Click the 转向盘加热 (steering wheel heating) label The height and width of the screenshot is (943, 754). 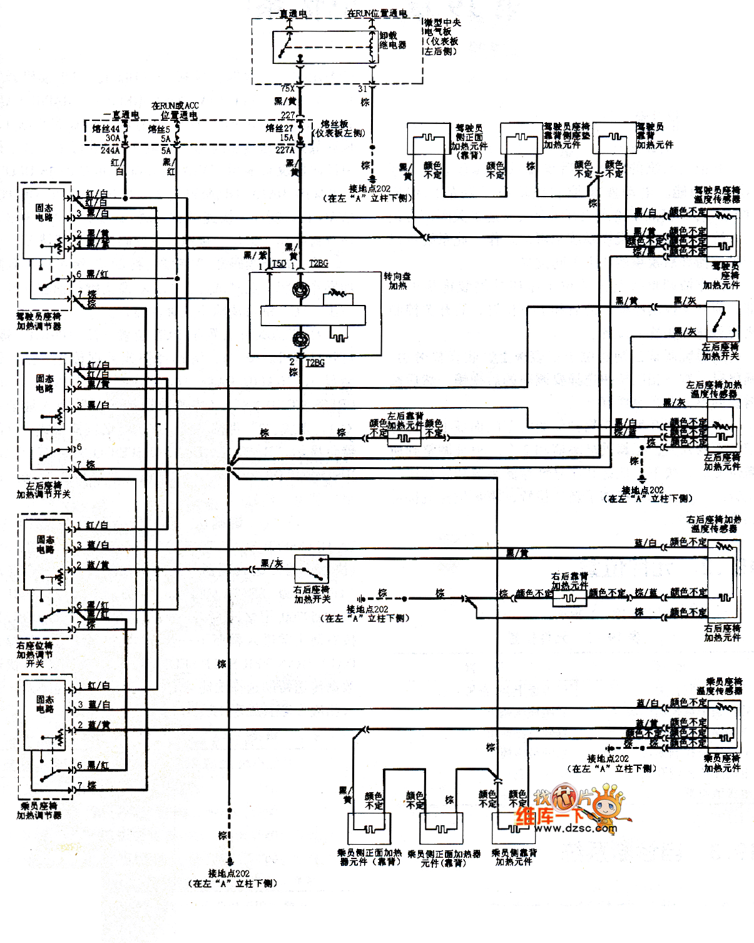(x=397, y=281)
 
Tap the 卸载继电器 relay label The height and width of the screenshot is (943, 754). (x=392, y=40)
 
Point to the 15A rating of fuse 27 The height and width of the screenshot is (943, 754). (x=286, y=138)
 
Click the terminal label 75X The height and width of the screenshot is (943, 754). (x=288, y=89)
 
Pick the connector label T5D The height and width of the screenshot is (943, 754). (x=279, y=264)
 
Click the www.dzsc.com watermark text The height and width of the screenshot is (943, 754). (x=576, y=828)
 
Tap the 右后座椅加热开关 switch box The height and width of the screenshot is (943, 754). (x=312, y=569)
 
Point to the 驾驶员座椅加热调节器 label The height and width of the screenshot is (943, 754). (x=39, y=321)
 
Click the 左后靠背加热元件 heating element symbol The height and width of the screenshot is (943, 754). (x=405, y=438)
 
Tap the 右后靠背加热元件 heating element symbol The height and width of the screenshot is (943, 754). (x=569, y=598)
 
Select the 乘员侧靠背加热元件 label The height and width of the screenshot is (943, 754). (x=514, y=857)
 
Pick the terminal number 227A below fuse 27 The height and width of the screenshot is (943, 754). (x=285, y=150)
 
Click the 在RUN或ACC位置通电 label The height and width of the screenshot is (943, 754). (x=175, y=110)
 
